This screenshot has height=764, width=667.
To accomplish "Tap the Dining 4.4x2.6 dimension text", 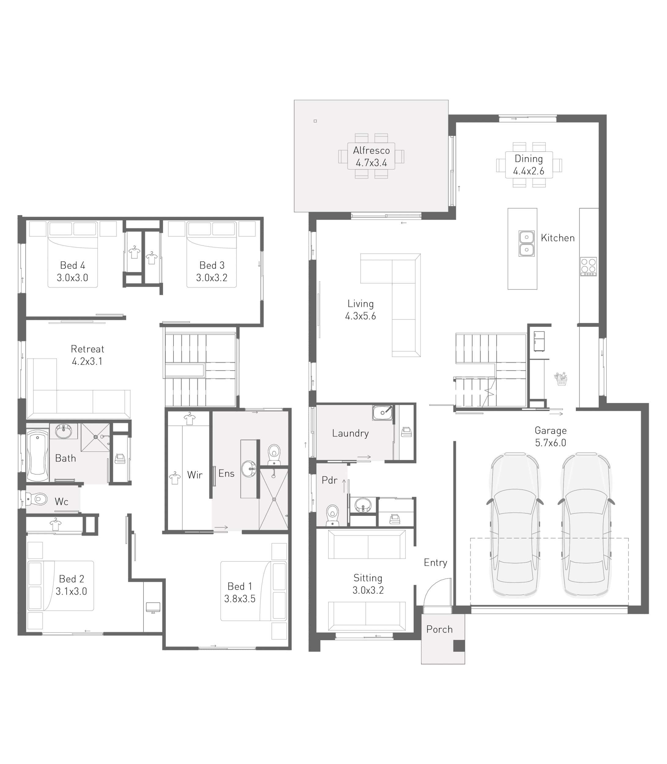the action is tap(528, 171).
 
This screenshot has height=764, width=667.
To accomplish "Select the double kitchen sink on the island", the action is tap(526, 244).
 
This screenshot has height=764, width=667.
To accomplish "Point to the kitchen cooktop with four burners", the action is tap(588, 266).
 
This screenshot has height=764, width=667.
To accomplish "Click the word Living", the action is tap(360, 304).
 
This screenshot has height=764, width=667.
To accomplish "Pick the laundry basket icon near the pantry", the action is tap(561, 379).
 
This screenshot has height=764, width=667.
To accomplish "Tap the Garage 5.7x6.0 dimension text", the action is tap(550, 443).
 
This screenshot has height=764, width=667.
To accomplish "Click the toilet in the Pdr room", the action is tap(332, 515).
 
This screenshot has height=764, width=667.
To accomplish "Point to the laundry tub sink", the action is tap(382, 413).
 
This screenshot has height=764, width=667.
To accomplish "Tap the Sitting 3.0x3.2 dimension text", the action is tap(368, 590).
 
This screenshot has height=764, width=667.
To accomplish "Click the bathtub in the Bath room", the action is tap(37, 456).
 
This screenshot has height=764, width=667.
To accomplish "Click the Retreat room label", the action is tap(88, 349).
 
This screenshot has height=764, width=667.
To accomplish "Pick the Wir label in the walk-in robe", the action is tap(195, 475).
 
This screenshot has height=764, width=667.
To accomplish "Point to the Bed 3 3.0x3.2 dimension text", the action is tap(211, 278).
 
